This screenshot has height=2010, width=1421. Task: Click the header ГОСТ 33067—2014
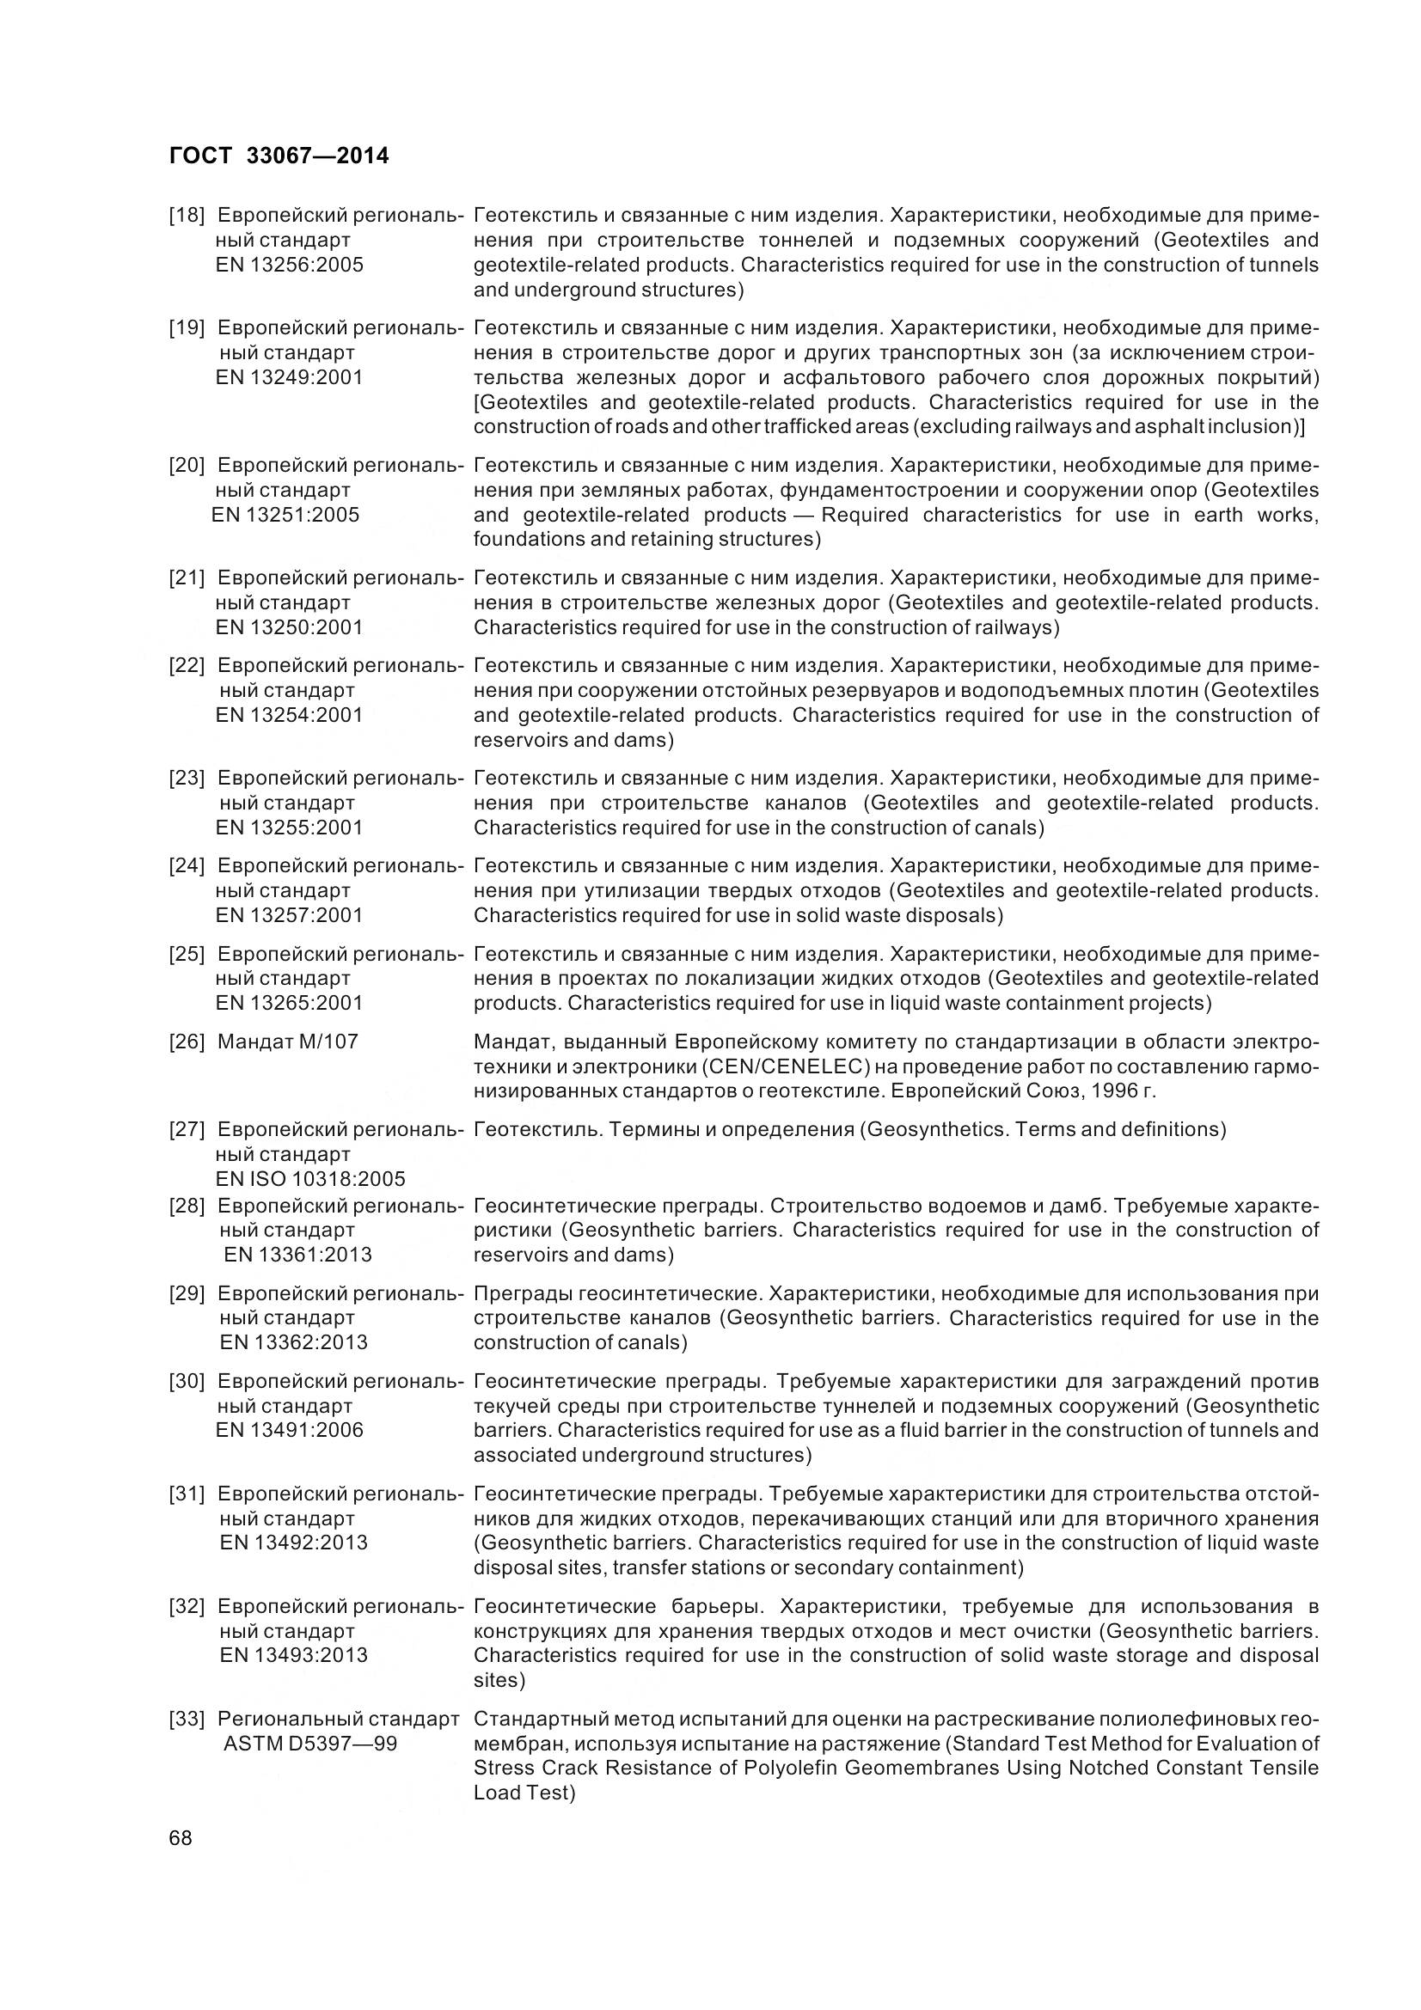tap(279, 156)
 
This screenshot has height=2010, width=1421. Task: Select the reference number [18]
tap(187, 216)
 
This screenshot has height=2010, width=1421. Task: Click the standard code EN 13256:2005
tap(289, 265)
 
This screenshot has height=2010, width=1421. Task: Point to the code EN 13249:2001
tap(289, 377)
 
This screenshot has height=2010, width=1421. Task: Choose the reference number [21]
tap(187, 577)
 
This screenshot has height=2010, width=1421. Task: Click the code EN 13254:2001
tap(289, 714)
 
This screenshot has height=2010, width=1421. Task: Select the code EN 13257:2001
tap(289, 915)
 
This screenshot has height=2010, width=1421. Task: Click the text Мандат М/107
tap(287, 1042)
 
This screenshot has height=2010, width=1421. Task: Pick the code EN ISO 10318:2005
tap(310, 1178)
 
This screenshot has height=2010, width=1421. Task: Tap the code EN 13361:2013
tap(297, 1255)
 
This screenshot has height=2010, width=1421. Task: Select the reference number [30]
tap(187, 1382)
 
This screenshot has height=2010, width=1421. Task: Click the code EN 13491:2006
tap(289, 1430)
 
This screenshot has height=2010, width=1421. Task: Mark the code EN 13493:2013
tap(293, 1654)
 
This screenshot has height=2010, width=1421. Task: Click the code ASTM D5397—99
tap(310, 1743)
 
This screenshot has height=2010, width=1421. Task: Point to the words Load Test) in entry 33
tap(524, 1792)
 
